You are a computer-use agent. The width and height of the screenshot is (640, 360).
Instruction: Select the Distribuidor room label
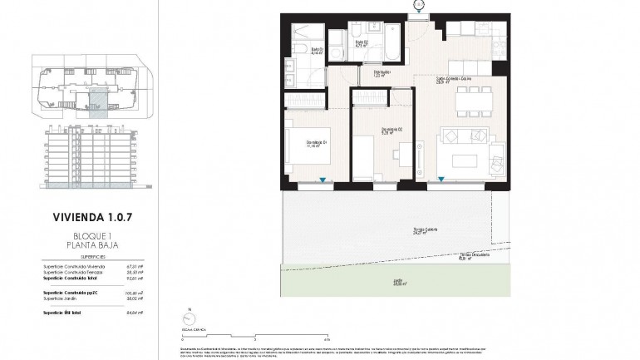coord(382,74)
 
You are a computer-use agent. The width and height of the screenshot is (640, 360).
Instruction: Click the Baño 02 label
coord(362,43)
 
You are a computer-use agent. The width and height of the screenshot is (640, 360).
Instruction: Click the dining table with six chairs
coord(470,101)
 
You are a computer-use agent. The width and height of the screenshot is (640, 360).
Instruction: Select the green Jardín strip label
coord(399,283)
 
